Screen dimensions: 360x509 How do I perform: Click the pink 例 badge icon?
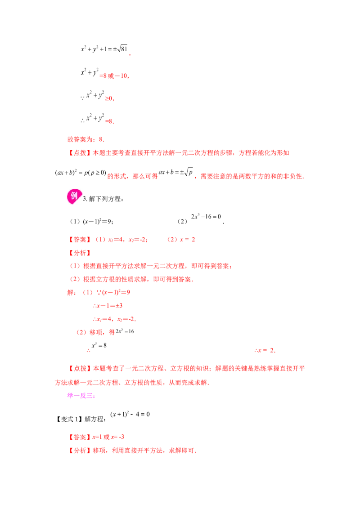point(74,196)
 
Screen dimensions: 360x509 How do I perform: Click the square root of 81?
point(122,49)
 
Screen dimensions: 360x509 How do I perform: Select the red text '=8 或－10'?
point(114,76)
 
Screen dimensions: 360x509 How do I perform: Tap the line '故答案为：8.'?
point(86,139)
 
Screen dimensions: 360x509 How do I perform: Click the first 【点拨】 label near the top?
point(80,153)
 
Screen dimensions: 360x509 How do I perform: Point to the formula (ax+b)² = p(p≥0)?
point(81,172)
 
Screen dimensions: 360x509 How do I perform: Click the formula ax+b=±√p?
point(176,172)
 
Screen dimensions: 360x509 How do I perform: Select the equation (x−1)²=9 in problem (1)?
point(98,221)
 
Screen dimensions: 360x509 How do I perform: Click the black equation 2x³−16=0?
point(206,216)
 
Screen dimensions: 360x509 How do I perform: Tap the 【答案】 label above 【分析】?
point(80,240)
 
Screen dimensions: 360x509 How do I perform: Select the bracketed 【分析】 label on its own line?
point(80,253)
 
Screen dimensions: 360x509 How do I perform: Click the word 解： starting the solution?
point(72,292)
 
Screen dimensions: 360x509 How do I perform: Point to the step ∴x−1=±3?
point(108,306)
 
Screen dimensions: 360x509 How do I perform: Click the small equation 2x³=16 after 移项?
point(125,331)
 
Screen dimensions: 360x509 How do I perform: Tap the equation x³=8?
point(99,345)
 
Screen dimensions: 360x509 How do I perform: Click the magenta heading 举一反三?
point(81,396)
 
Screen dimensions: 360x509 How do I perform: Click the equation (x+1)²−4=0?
point(130,414)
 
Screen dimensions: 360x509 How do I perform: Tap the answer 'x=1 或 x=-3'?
point(108,437)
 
